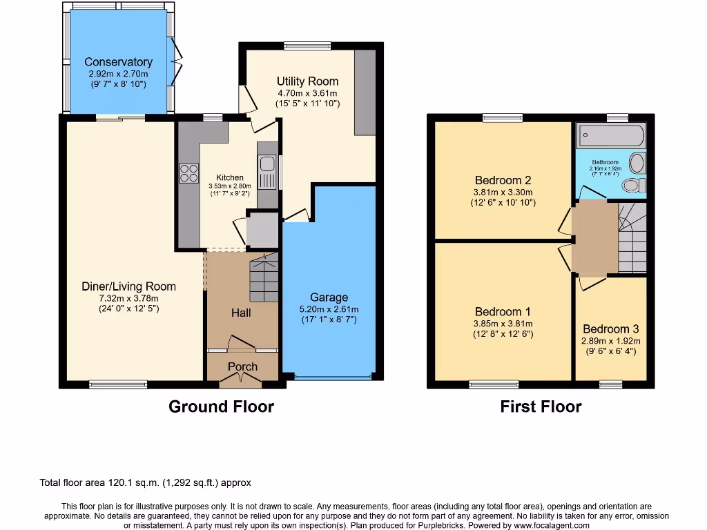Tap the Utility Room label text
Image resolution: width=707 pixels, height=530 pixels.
307,81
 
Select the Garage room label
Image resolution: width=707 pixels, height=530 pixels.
329,297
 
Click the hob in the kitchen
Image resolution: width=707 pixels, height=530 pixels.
188,173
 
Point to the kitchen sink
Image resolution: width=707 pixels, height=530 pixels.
266,171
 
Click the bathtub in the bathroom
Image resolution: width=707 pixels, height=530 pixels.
611,135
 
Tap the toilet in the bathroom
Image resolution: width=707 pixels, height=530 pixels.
632,185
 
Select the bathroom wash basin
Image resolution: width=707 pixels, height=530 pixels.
637,163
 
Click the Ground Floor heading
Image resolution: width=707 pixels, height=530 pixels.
221,406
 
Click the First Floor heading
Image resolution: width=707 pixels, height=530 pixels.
541,406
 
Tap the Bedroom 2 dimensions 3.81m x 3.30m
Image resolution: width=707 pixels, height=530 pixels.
502,193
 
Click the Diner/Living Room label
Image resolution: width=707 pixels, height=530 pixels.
128,286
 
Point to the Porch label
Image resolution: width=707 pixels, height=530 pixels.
242,366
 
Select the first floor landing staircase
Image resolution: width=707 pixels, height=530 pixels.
632,238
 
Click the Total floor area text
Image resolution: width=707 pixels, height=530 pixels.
150,483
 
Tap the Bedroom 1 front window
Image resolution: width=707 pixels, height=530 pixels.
494,383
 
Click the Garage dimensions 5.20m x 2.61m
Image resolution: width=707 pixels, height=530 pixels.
329,309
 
